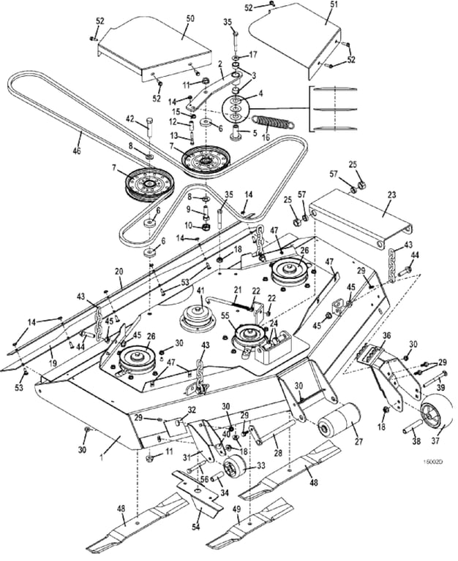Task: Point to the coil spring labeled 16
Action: coord(273,121)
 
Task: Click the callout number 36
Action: coord(386,336)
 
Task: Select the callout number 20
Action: coord(119,271)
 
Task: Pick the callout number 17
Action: coord(252,55)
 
